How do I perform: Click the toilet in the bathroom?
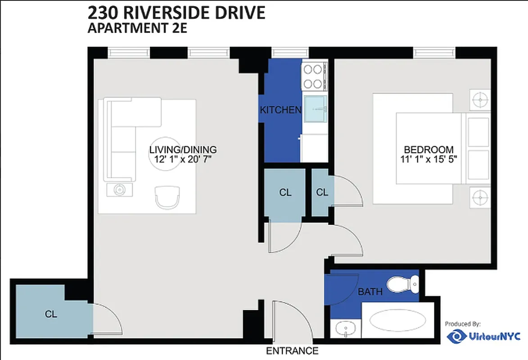click(403, 283)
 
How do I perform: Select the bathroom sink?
click(345, 328)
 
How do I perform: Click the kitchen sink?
click(315, 108)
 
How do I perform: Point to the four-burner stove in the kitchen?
click(313, 76)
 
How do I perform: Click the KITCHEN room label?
click(280, 110)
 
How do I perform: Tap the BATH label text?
click(370, 292)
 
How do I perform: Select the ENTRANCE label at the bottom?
click(293, 351)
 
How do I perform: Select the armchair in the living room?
click(168, 197)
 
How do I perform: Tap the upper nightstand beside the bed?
click(480, 99)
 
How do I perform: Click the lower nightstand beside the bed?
click(480, 197)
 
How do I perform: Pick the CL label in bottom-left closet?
click(51, 314)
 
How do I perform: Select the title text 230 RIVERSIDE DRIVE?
click(176, 13)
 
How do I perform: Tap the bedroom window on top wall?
click(434, 53)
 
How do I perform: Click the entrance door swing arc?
click(293, 317)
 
